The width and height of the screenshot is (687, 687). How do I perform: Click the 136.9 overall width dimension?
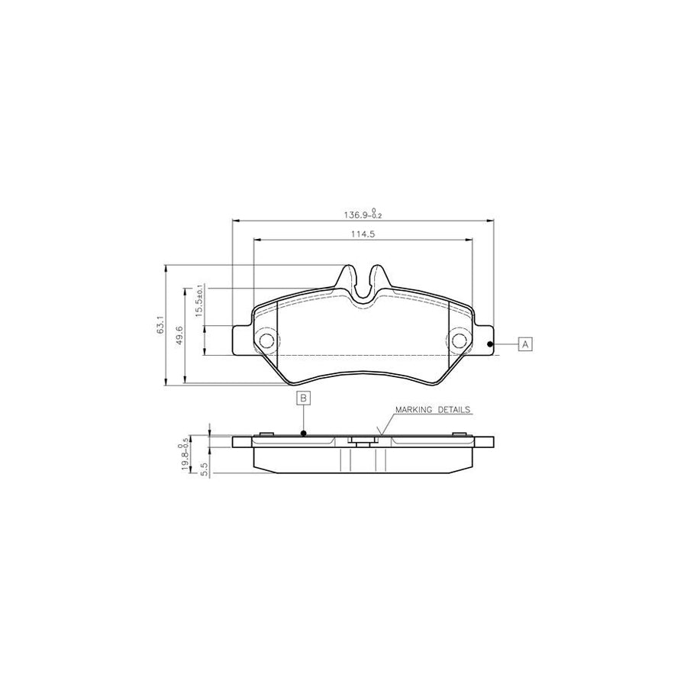click(x=363, y=214)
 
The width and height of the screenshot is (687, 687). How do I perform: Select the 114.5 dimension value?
click(x=363, y=234)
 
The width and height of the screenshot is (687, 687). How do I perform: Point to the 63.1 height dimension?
click(x=160, y=324)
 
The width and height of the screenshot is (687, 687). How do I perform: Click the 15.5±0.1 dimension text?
click(x=199, y=300)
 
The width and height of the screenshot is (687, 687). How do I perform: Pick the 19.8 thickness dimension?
click(x=185, y=457)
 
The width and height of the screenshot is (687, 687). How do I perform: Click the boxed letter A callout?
click(x=525, y=344)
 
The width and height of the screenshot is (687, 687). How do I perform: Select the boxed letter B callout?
click(x=304, y=398)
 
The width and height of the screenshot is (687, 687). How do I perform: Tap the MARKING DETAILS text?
click(x=433, y=410)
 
